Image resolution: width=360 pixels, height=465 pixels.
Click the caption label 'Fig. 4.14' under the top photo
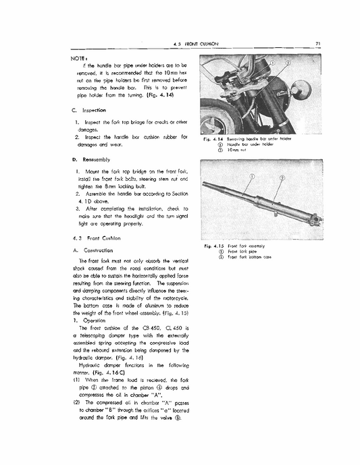click(213, 138)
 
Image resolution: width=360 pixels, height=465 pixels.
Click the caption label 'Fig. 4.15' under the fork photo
click(214, 247)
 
